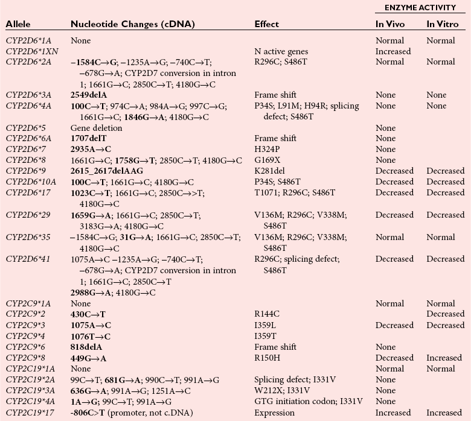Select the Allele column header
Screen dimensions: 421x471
tap(18, 24)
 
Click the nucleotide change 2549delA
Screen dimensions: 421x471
tap(89, 95)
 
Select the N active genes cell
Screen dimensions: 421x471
tap(282, 51)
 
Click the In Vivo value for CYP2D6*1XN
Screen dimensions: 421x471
tap(392, 51)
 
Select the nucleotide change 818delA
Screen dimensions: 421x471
tap(86, 347)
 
